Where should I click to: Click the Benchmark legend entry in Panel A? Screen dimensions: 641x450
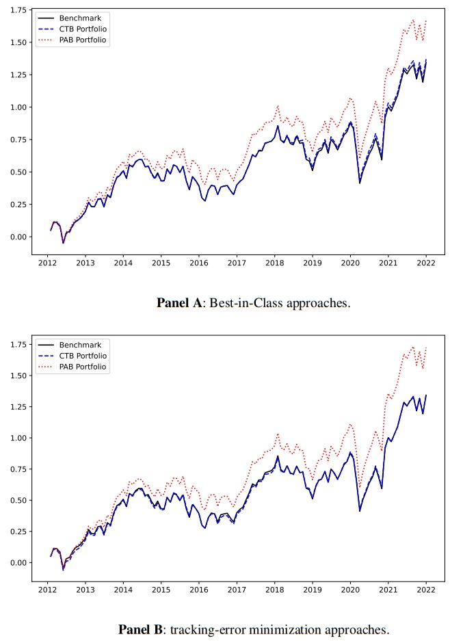[x=81, y=17]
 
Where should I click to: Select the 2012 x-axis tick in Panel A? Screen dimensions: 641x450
[x=48, y=263]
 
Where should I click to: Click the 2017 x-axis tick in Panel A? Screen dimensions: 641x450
[x=237, y=263]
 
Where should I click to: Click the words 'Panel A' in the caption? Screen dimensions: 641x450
[x=178, y=303]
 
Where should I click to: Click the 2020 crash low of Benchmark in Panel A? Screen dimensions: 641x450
[x=360, y=183]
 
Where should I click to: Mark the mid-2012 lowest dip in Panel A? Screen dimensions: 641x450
[x=64, y=243]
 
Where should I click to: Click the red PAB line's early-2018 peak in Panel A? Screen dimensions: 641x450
[x=278, y=106]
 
